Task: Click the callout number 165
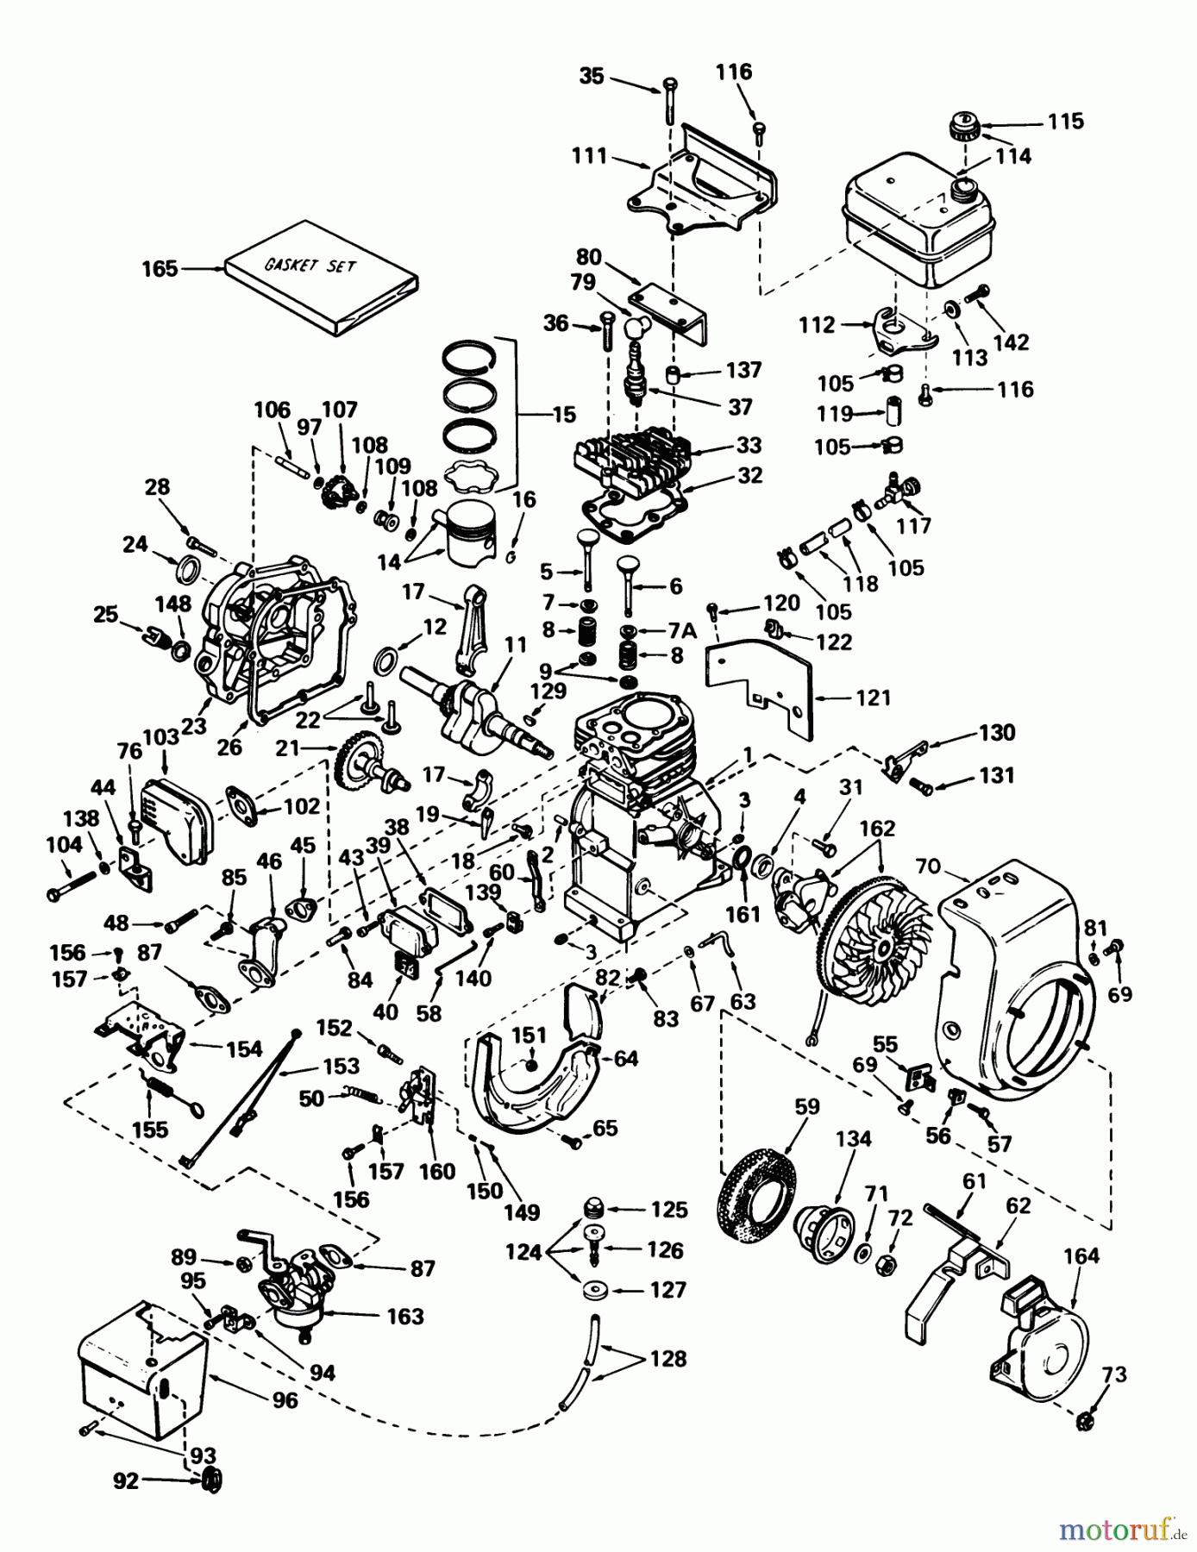click(x=160, y=269)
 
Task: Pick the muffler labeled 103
click(x=176, y=817)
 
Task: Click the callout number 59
click(x=807, y=1106)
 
